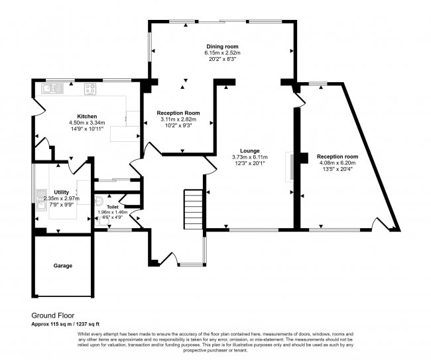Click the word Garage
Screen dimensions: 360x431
[63, 266]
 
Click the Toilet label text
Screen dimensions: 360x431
[112, 206]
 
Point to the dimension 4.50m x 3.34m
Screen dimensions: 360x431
[87, 123]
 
